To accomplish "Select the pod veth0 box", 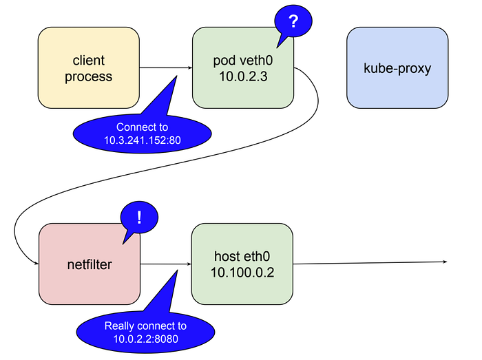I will pos(243,67).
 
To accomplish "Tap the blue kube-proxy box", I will pos(397,67).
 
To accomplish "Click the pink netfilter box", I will pos(90,264).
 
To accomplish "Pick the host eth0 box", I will pos(243,264).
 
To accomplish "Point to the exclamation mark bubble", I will pos(139,218).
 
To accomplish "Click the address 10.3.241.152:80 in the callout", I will pos(142,140).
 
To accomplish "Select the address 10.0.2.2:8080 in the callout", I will pos(145,338).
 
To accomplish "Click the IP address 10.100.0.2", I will pos(243,272).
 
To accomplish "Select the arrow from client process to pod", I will pos(165,67).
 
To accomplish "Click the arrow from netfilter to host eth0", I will pos(165,264).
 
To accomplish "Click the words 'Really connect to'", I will pos(145,326).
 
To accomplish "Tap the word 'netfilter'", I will pos(90,264).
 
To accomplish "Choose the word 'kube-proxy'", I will pos(397,67).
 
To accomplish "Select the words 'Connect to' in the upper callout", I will pos(142,128).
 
